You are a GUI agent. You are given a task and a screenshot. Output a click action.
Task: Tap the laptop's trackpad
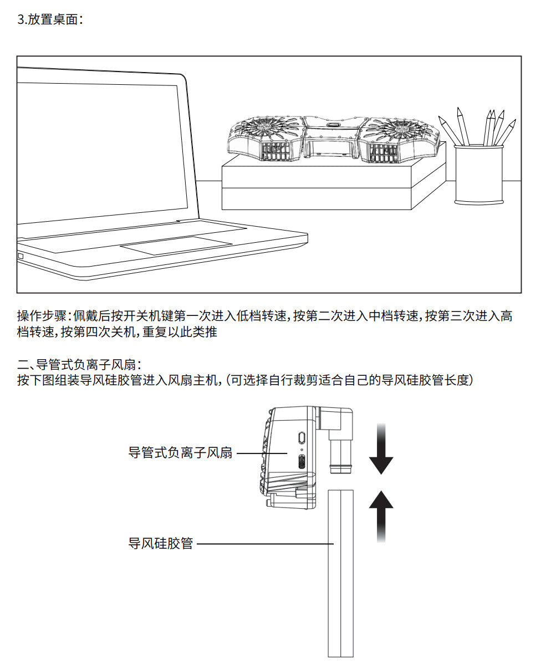pyautogui.click(x=176, y=247)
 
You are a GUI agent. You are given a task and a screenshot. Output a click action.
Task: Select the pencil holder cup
pyautogui.click(x=478, y=174)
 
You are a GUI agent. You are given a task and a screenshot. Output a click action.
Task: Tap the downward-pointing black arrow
pyautogui.click(x=381, y=452)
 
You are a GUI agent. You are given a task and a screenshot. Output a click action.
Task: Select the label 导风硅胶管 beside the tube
pyautogui.click(x=160, y=543)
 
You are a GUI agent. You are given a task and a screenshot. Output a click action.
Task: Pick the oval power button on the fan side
pyautogui.click(x=302, y=437)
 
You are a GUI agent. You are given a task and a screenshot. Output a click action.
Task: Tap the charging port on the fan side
pyautogui.click(x=302, y=462)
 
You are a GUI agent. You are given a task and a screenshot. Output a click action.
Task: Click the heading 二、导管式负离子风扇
pyautogui.click(x=80, y=365)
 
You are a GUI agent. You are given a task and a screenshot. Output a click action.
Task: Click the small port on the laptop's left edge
pyautogui.click(x=21, y=256)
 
